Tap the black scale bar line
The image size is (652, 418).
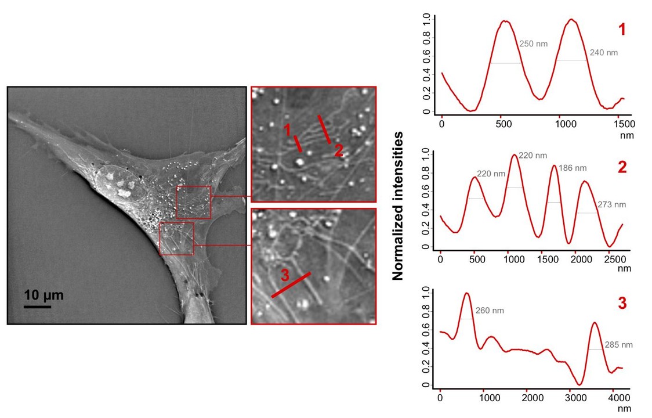coord(38,306)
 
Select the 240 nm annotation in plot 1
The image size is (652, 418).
coord(603,52)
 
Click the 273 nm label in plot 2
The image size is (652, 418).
coord(612,204)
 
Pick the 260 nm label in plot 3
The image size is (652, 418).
coord(490,311)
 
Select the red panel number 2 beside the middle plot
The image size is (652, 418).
coord(622,168)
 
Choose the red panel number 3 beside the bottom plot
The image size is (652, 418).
coord(622,303)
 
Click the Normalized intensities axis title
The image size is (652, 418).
coord(398,206)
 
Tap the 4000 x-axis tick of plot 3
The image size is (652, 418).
coord(620,398)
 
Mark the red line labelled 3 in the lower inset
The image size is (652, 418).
coord(291,285)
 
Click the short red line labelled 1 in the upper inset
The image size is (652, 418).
coord(297,143)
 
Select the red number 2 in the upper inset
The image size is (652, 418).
coord(339,152)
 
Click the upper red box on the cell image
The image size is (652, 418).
coord(194,202)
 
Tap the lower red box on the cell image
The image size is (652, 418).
coord(176,239)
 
